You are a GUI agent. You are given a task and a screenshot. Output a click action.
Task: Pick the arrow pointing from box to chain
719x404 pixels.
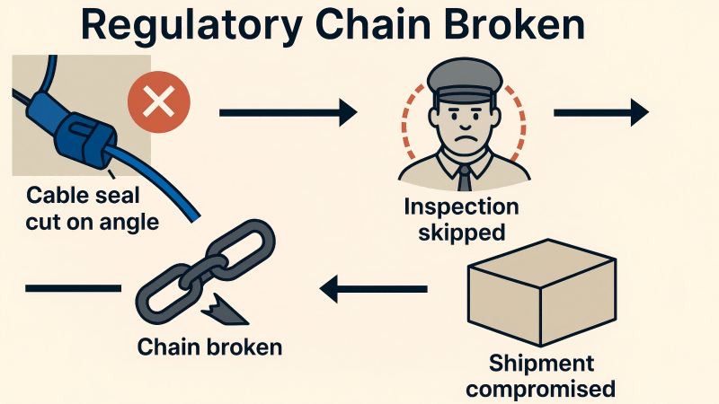pos(374,288)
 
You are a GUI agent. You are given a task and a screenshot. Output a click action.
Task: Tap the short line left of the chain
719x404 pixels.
pos(73,288)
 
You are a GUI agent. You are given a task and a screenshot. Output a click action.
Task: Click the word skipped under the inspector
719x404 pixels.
pos(461,233)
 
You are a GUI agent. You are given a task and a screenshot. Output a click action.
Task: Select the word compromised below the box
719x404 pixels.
pos(541,389)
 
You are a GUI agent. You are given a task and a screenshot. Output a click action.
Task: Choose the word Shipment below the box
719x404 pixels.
pos(541,364)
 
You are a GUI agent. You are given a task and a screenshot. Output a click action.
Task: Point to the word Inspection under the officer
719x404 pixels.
pos(461,207)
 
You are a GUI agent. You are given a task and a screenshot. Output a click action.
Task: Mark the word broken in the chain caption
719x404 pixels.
pos(244,347)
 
